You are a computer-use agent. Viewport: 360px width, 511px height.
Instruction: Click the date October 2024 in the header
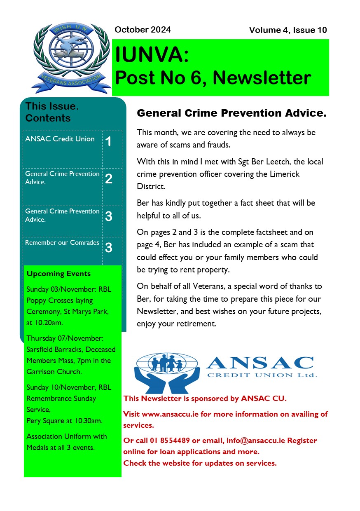(143, 30)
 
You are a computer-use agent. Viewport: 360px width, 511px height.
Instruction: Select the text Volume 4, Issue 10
(288, 30)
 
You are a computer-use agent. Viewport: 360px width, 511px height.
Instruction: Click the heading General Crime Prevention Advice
(231, 113)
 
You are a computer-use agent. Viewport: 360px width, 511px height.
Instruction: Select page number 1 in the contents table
(108, 142)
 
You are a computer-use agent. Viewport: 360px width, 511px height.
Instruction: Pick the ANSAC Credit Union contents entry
(60, 139)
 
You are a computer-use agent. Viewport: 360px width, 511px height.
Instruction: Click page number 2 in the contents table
(109, 179)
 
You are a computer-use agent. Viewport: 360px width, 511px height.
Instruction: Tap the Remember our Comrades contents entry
(62, 242)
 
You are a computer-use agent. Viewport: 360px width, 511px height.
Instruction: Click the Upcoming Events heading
(58, 274)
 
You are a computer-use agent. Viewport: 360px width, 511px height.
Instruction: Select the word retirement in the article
(194, 323)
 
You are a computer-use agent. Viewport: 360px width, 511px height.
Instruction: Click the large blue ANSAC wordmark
(259, 363)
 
